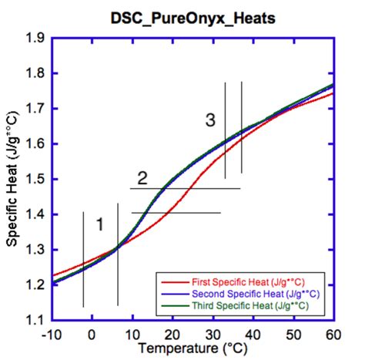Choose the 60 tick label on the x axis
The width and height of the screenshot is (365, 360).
pos(333,335)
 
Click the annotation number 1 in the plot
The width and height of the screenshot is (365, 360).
pos(99,224)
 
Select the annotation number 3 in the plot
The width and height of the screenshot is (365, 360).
pos(210,120)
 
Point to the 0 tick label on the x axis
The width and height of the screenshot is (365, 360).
pos(92,335)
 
